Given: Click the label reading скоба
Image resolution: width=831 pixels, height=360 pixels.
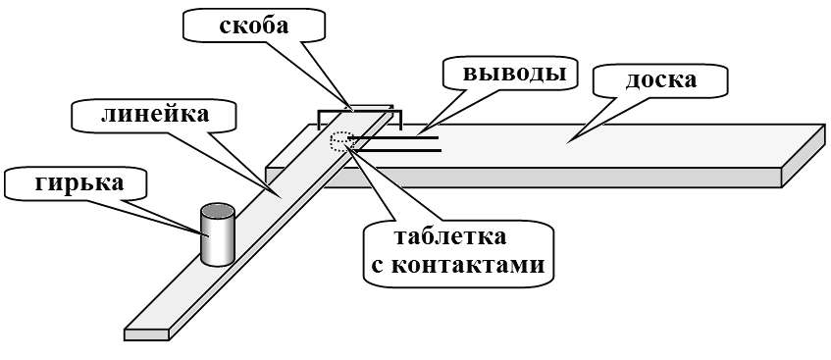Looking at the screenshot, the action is click(254, 26).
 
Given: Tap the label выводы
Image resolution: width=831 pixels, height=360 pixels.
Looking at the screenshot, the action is click(513, 74).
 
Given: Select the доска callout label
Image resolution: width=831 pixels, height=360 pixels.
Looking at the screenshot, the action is click(661, 80).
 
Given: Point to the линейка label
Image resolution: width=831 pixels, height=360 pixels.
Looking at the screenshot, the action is click(155, 114).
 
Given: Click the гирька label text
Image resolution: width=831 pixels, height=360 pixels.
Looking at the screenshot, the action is click(78, 182).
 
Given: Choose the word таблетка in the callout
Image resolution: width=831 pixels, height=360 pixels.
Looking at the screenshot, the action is click(450, 236).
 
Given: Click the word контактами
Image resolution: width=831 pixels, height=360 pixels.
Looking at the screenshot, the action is click(466, 265).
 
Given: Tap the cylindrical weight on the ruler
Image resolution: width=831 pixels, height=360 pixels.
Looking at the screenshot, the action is click(217, 234).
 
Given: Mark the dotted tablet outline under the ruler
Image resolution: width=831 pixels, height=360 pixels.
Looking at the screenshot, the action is click(339, 142).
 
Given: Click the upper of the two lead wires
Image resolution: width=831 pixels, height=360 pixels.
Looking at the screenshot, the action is click(393, 138).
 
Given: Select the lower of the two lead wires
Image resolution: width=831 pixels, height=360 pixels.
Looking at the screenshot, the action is click(394, 151).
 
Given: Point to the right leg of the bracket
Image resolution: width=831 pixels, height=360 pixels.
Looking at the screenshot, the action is click(400, 121).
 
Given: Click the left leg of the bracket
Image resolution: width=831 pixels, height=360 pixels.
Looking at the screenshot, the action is click(319, 121).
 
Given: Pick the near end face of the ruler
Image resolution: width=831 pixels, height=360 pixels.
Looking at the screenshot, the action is click(146, 334).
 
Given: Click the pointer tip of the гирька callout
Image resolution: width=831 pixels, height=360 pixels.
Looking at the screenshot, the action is click(201, 232).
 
